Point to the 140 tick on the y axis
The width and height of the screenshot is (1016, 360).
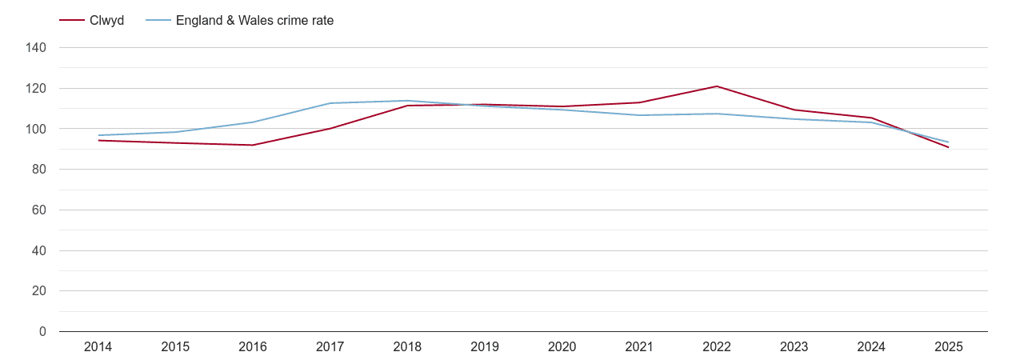[37, 48]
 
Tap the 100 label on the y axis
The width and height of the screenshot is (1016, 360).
[37, 129]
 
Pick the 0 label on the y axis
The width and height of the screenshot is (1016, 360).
[42, 332]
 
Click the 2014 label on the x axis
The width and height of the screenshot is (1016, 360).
[98, 347]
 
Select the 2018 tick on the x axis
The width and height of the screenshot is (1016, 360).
[407, 347]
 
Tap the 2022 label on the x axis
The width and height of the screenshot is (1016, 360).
[717, 347]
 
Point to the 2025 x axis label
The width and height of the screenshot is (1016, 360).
[949, 347]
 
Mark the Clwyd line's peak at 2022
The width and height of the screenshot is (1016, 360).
[717, 86]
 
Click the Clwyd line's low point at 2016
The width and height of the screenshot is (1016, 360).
[253, 145]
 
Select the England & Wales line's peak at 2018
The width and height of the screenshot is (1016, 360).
[407, 101]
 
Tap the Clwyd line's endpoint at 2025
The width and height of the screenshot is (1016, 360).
[949, 147]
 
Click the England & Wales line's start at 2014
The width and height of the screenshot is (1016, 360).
[98, 135]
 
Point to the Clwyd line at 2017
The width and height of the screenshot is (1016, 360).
[330, 128]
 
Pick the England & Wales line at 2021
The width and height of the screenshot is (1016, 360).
[639, 115]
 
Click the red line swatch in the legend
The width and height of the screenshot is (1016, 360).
[72, 21]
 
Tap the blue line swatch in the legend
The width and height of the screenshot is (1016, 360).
[158, 21]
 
